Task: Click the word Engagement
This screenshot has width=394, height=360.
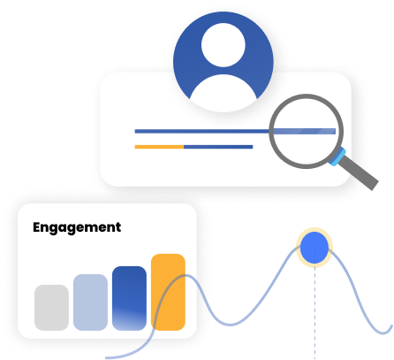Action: pyautogui.click(x=77, y=227)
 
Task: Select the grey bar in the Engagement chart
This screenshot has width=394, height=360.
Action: pyautogui.click(x=51, y=307)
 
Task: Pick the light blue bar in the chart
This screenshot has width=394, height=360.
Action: pyautogui.click(x=90, y=302)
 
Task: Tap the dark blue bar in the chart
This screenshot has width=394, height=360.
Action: pyautogui.click(x=129, y=296)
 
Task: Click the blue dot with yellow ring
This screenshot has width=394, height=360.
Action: pyautogui.click(x=313, y=249)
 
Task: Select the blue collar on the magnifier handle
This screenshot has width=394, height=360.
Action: pyautogui.click(x=336, y=157)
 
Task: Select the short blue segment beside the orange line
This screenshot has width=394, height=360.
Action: pyautogui.click(x=217, y=146)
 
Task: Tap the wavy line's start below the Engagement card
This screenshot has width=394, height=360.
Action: pyautogui.click(x=110, y=356)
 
